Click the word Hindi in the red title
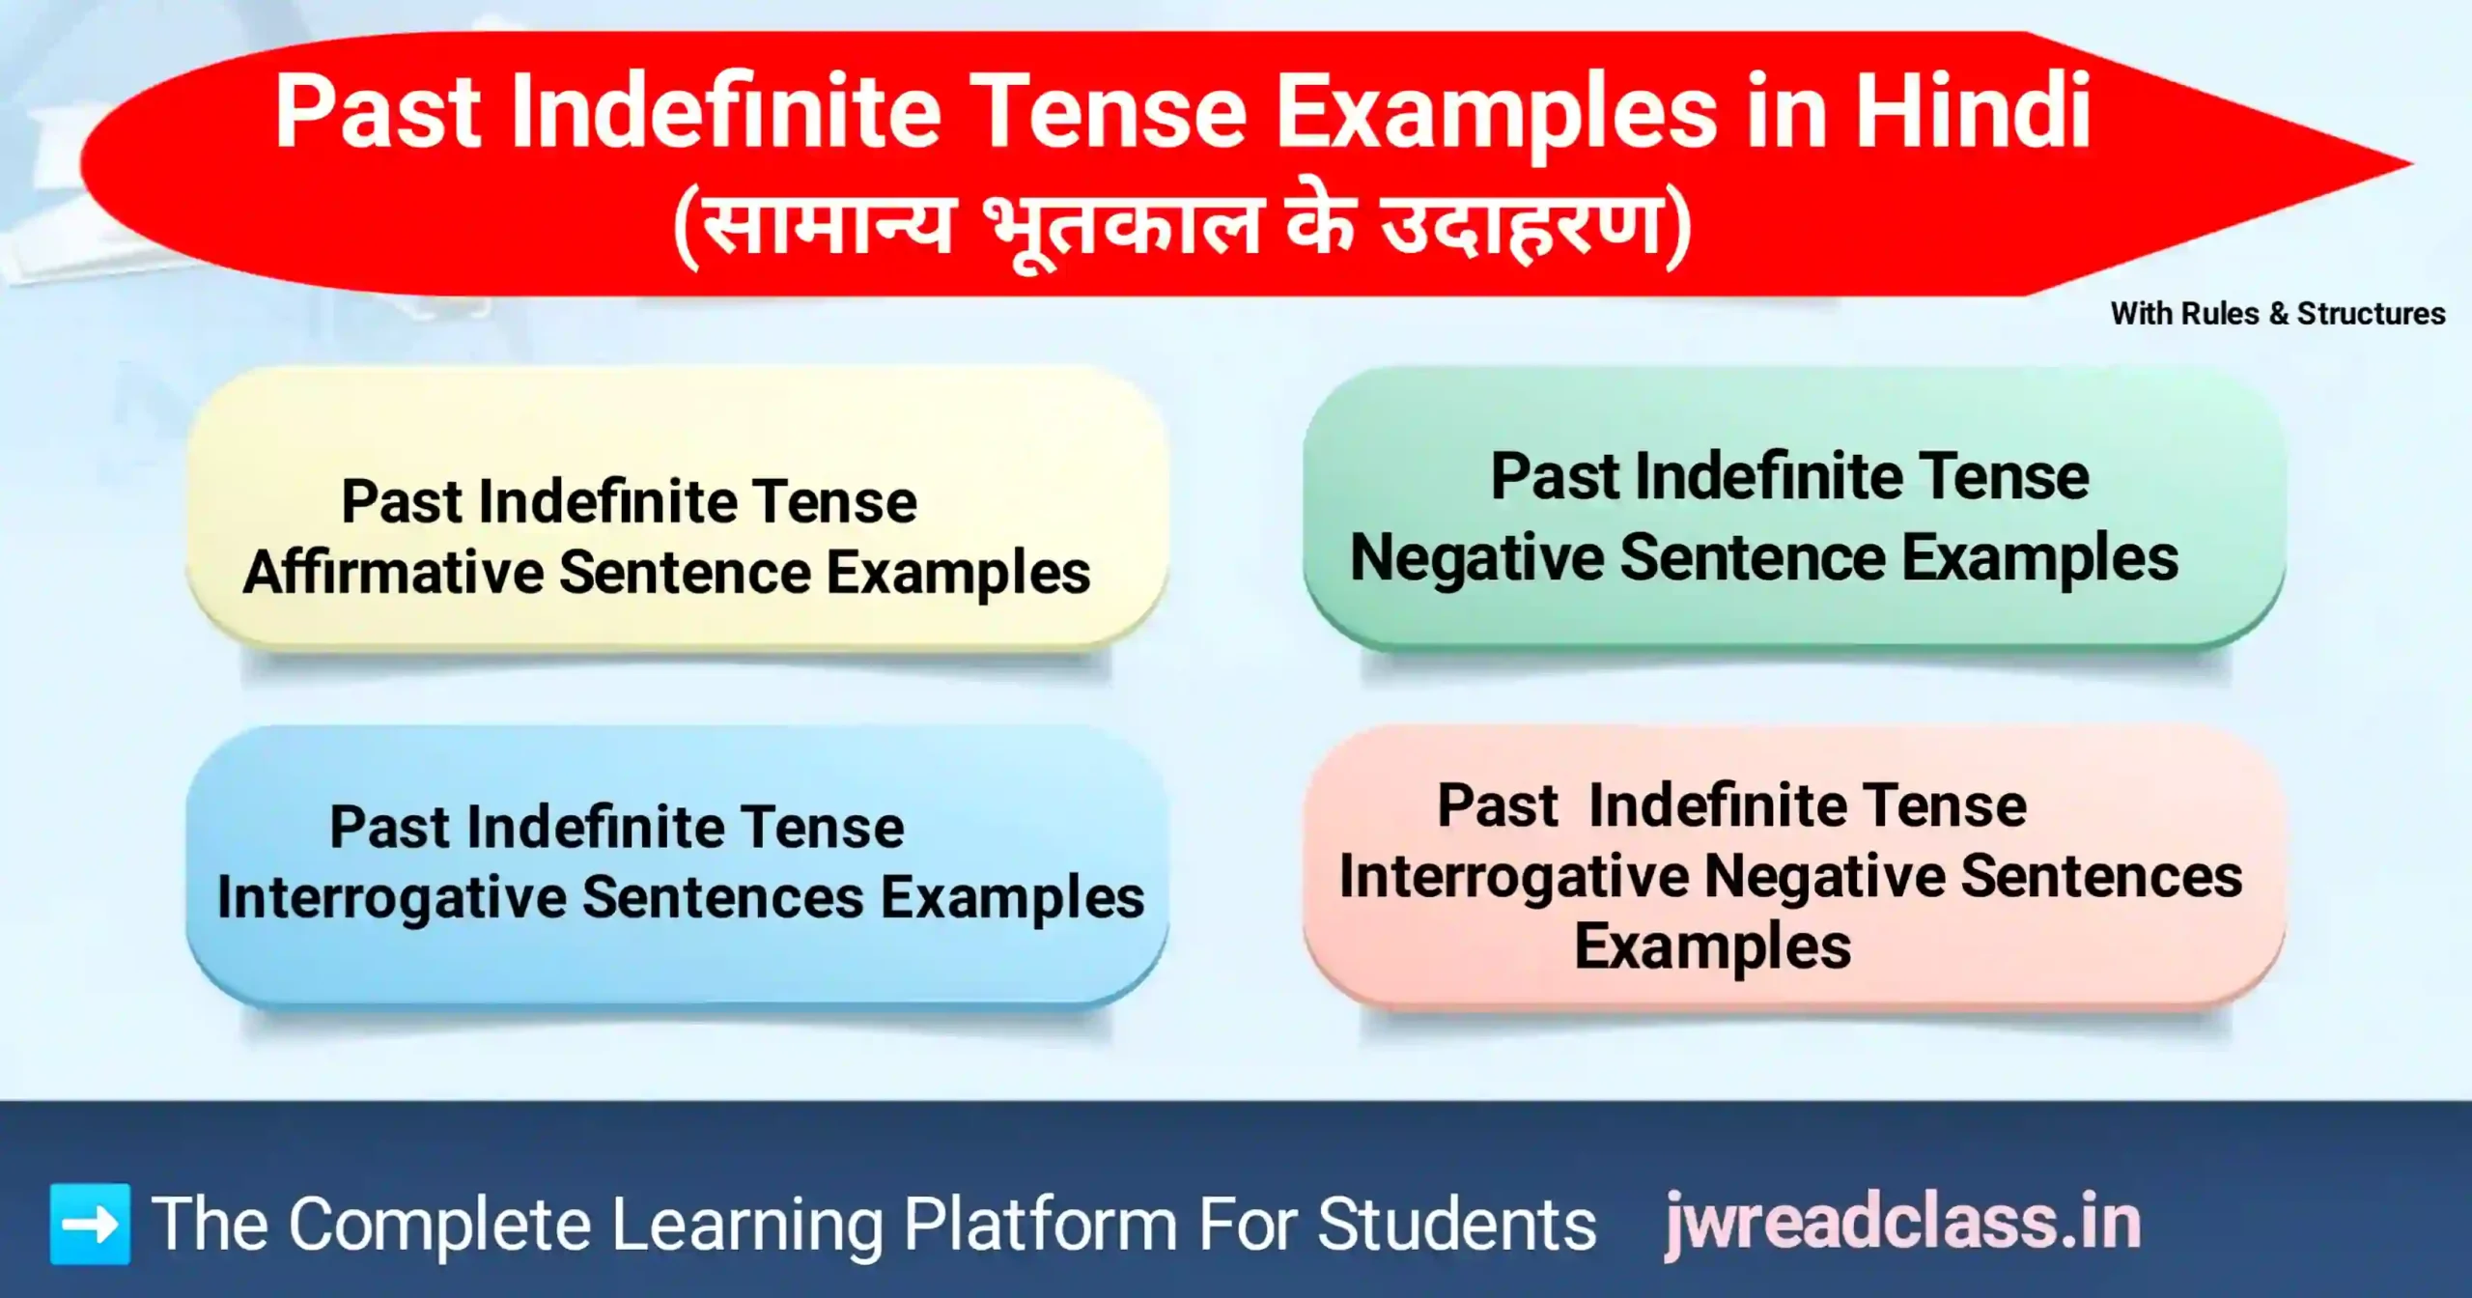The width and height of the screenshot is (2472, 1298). (x=1973, y=114)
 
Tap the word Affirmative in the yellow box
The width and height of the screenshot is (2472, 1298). (x=394, y=573)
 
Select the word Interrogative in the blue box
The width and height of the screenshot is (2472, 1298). (x=391, y=898)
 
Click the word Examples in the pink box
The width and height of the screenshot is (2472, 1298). (x=1712, y=946)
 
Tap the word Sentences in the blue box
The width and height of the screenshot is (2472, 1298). (x=723, y=898)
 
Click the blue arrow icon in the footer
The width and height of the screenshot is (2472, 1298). (x=90, y=1224)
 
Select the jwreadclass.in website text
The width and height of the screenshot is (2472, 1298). (x=1903, y=1224)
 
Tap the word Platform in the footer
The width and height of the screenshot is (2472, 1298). (x=1040, y=1226)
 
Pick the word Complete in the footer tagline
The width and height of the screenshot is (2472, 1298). (x=439, y=1226)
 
